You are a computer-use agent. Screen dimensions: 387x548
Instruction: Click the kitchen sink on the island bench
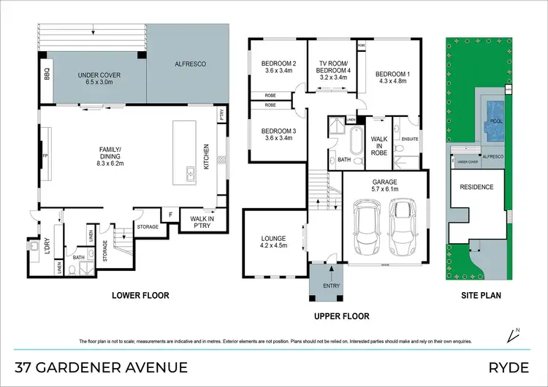(189, 173)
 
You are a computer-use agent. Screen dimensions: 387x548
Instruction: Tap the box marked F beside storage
(170, 215)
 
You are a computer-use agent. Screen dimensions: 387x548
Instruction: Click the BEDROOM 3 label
(278, 134)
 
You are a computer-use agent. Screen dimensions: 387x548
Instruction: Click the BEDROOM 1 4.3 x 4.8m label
(393, 77)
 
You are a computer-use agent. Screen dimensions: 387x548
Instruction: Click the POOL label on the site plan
(496, 120)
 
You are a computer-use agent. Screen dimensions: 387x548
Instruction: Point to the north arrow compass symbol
(511, 335)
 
